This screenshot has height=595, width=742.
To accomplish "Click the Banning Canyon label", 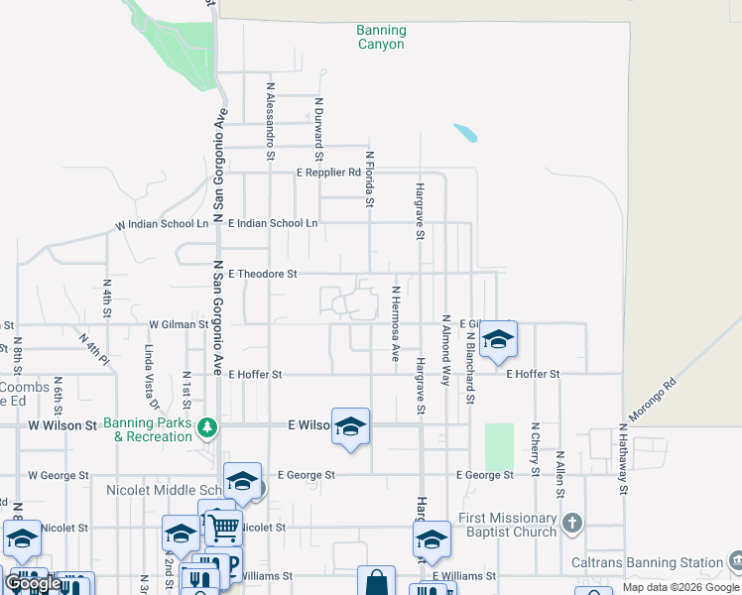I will pos(381,38).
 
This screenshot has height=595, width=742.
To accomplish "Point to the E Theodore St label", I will pos(263,274).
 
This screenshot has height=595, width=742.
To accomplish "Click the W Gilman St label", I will pos(179,324).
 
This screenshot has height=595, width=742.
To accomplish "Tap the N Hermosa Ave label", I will pos(395,323).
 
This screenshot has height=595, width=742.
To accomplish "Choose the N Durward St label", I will pos(318,128).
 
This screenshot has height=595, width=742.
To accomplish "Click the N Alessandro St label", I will pos(269,121).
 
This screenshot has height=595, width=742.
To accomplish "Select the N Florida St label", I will pos(369,178).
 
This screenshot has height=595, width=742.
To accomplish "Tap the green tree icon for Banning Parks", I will pos(207,427).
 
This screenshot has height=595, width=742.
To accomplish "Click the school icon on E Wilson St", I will pos(350,427).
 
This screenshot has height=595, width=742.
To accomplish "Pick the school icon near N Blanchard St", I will pos(498,340).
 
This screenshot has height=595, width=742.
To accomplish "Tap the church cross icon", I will pos(570,523).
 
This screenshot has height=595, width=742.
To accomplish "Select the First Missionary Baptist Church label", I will pos(507,525).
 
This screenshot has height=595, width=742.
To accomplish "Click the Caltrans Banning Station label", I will pos(648,562).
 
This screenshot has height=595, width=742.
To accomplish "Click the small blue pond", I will pos(463,132).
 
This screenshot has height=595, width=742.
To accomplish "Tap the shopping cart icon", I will pos(223,528).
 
